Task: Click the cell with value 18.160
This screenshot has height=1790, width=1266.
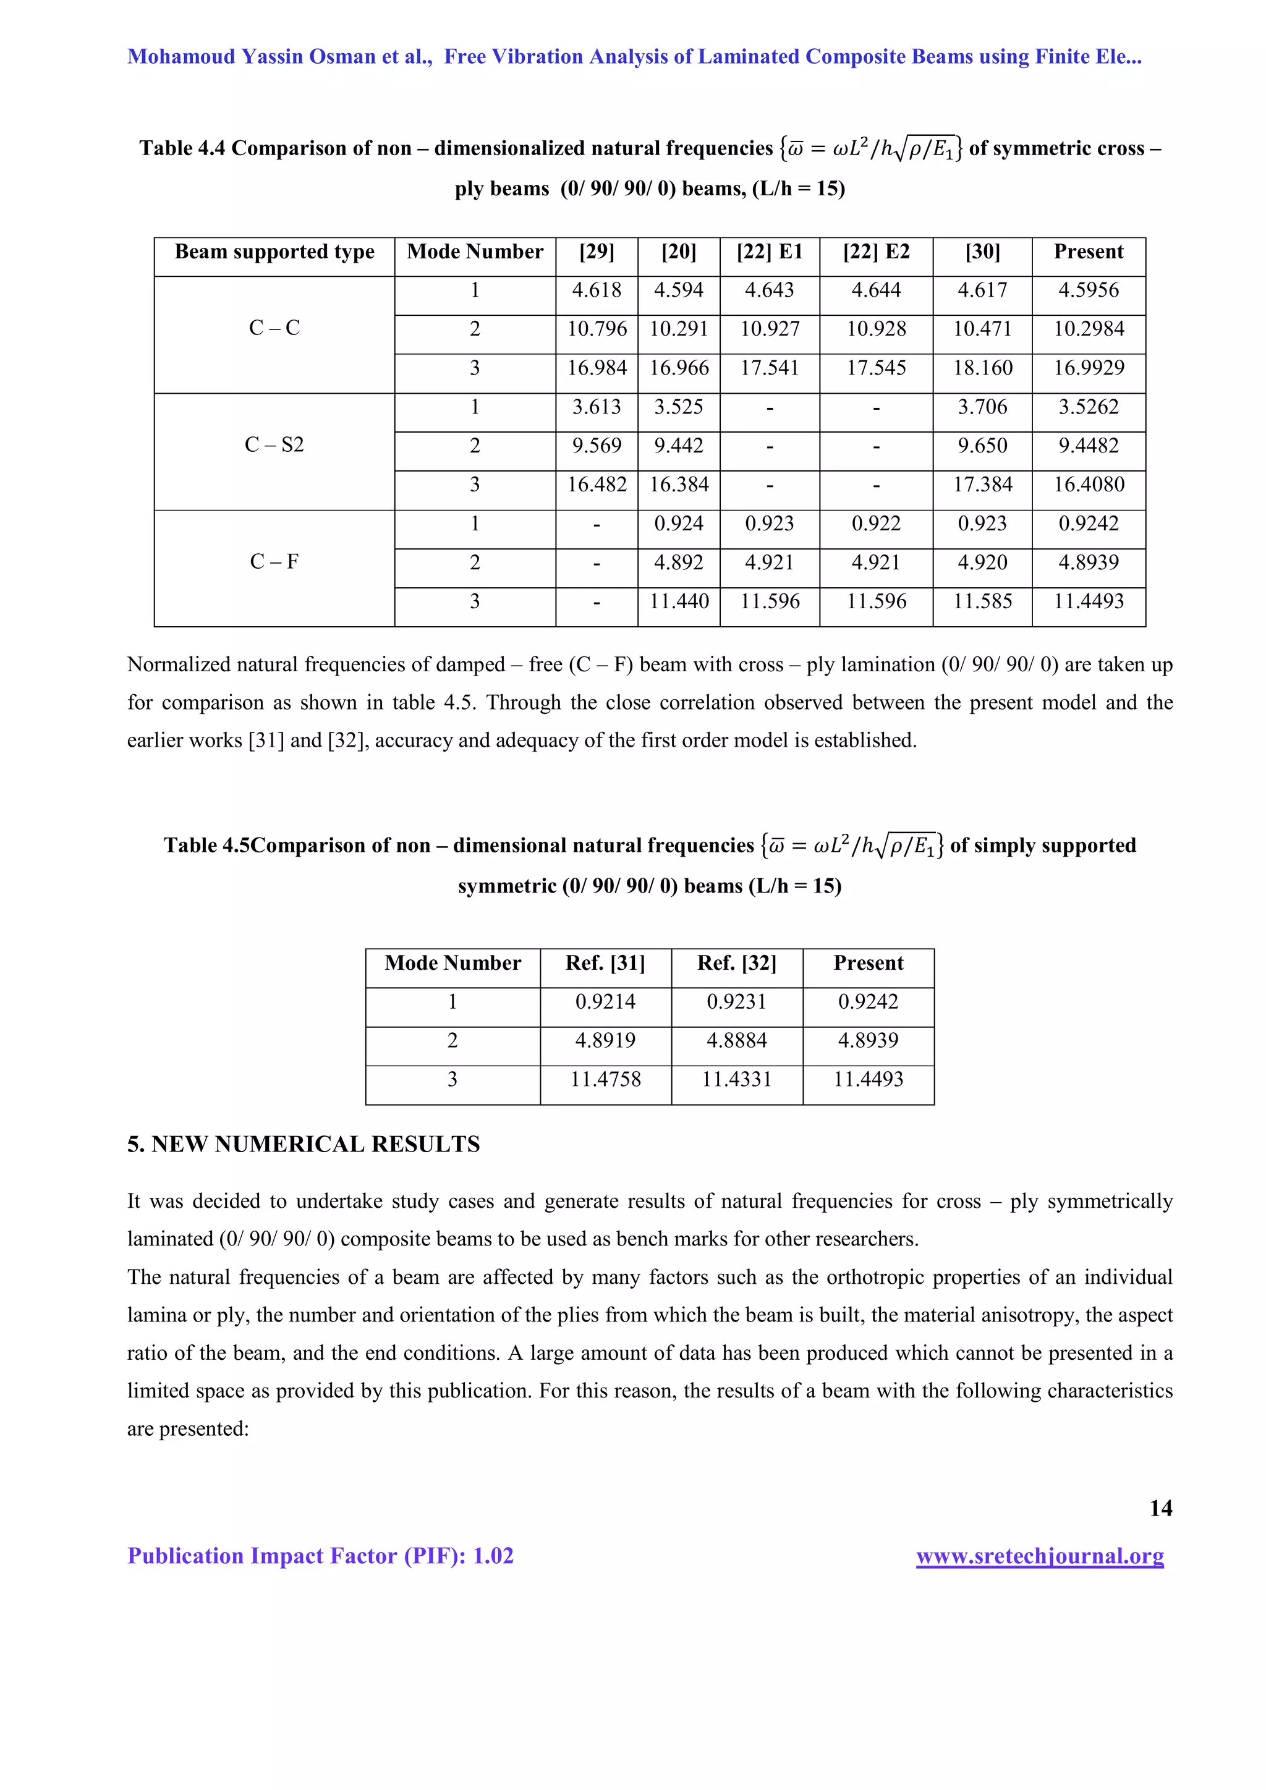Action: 982,368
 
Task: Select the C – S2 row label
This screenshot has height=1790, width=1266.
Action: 274,445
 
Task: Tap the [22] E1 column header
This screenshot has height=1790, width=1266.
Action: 770,252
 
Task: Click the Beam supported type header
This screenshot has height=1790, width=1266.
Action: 274,252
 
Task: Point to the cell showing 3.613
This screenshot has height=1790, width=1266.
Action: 597,407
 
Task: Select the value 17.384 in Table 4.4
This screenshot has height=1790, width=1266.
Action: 982,485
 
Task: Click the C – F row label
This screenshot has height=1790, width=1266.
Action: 274,562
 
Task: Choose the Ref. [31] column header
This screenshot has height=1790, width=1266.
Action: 605,964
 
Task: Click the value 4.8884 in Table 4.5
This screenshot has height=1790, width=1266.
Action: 737,1041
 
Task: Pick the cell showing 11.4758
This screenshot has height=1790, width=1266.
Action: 605,1080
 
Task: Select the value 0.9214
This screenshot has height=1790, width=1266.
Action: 605,1002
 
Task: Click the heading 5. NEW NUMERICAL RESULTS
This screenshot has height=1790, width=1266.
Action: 304,1145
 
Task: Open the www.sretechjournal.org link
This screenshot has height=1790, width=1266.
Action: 1039,1556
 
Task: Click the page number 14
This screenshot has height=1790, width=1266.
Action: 1160,1509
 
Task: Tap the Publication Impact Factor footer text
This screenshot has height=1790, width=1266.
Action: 320,1556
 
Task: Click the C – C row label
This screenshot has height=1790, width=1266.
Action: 274,328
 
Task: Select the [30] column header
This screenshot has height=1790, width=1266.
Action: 982,252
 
